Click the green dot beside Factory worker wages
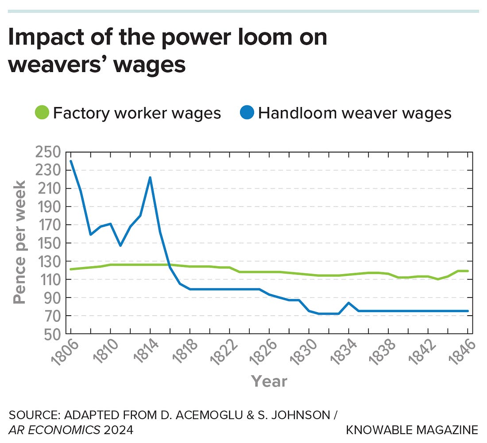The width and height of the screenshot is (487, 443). click(42, 113)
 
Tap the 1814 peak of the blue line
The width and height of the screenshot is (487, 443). click(150, 177)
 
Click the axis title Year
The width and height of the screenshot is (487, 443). click(269, 381)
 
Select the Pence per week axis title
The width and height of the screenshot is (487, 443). click(19, 242)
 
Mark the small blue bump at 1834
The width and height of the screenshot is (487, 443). click(348, 303)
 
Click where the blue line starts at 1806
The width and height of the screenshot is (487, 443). click(71, 161)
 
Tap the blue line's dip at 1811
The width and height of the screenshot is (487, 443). click(120, 245)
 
